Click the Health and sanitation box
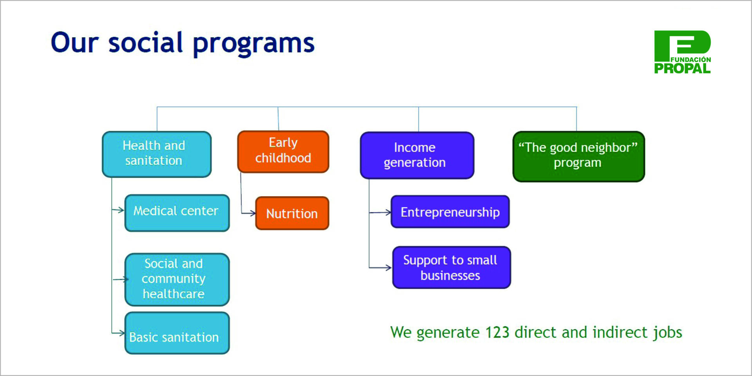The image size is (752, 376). tap(157, 154)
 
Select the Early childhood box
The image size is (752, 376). tap(283, 152)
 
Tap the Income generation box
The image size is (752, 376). tap(417, 155)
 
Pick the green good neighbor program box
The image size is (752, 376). tap(578, 156)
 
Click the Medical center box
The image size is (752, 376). tap(177, 213)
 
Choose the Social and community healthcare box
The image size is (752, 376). tap(177, 279)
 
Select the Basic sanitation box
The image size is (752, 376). tap(177, 333)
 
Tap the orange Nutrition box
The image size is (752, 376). tap(292, 213)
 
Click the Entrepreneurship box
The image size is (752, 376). tap(450, 212)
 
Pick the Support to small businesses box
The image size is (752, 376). tap(451, 268)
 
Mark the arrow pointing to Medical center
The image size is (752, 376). tap(119, 210)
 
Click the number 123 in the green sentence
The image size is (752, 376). tap(497, 333)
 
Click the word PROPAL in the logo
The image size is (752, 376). tap(682, 69)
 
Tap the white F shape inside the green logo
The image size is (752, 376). tap(683, 44)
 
